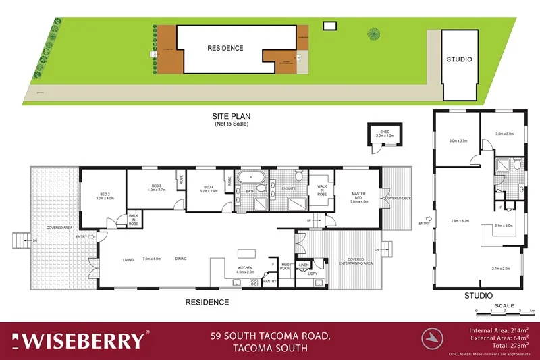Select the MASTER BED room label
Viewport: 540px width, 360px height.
(x=358, y=197)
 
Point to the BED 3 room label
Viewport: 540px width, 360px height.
(x=157, y=188)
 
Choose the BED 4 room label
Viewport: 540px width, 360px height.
(x=209, y=189)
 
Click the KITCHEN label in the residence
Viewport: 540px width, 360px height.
(x=244, y=268)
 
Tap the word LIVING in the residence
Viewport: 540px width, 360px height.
(x=128, y=259)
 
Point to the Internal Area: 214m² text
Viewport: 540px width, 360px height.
(x=499, y=330)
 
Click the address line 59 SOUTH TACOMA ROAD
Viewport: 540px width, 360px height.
(x=269, y=335)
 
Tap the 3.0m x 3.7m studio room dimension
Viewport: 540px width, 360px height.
(x=458, y=141)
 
